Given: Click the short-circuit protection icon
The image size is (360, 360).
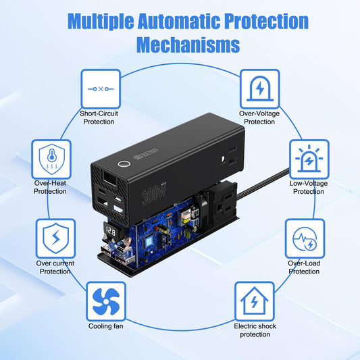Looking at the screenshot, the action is (x=101, y=89).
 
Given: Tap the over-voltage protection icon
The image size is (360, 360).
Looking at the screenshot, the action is (x=259, y=89).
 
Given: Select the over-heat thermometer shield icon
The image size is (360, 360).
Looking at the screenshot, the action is (x=51, y=159).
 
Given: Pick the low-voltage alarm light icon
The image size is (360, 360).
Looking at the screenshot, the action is (x=309, y=159).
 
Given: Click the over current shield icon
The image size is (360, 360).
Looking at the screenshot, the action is (x=55, y=238).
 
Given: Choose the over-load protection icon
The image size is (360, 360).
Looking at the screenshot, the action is (x=305, y=238).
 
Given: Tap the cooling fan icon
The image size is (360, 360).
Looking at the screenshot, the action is (x=106, y=301).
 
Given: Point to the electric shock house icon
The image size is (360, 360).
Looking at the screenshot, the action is (x=255, y=301).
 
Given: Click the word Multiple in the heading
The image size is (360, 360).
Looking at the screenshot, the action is (x=101, y=22).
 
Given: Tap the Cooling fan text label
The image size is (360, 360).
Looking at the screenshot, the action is (x=106, y=326).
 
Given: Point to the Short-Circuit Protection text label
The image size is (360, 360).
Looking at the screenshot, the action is (x=99, y=118).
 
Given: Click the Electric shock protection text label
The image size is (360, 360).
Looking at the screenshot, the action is (x=255, y=330).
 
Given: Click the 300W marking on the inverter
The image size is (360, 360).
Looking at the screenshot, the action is (x=153, y=193).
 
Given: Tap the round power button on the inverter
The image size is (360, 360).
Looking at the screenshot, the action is (x=124, y=164).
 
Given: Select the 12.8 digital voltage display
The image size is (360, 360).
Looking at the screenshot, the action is (x=111, y=231).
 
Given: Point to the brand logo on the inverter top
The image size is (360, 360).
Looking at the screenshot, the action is (x=146, y=154).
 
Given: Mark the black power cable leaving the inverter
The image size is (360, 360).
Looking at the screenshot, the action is (x=263, y=183).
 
